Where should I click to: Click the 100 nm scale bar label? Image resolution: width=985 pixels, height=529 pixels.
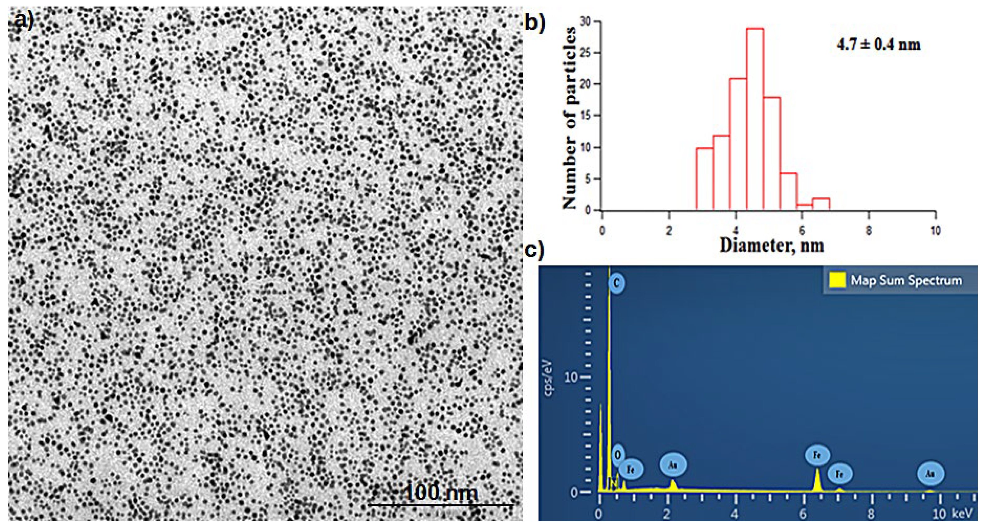[x=441, y=492]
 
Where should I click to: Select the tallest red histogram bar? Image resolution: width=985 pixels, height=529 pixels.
[x=755, y=118]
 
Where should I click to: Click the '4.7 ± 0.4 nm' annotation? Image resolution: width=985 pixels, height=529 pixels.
[x=878, y=45]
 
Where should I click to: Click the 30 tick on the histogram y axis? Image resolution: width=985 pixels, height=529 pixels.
[x=585, y=21]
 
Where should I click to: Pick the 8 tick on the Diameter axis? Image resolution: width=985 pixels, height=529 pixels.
[x=868, y=231]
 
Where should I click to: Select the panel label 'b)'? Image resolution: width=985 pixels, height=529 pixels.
[x=534, y=23]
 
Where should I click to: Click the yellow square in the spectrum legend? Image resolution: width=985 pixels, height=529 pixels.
[x=837, y=280]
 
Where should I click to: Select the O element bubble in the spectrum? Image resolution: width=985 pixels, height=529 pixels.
[x=618, y=455]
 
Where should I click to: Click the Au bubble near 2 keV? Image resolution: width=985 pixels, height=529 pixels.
[x=673, y=465]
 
